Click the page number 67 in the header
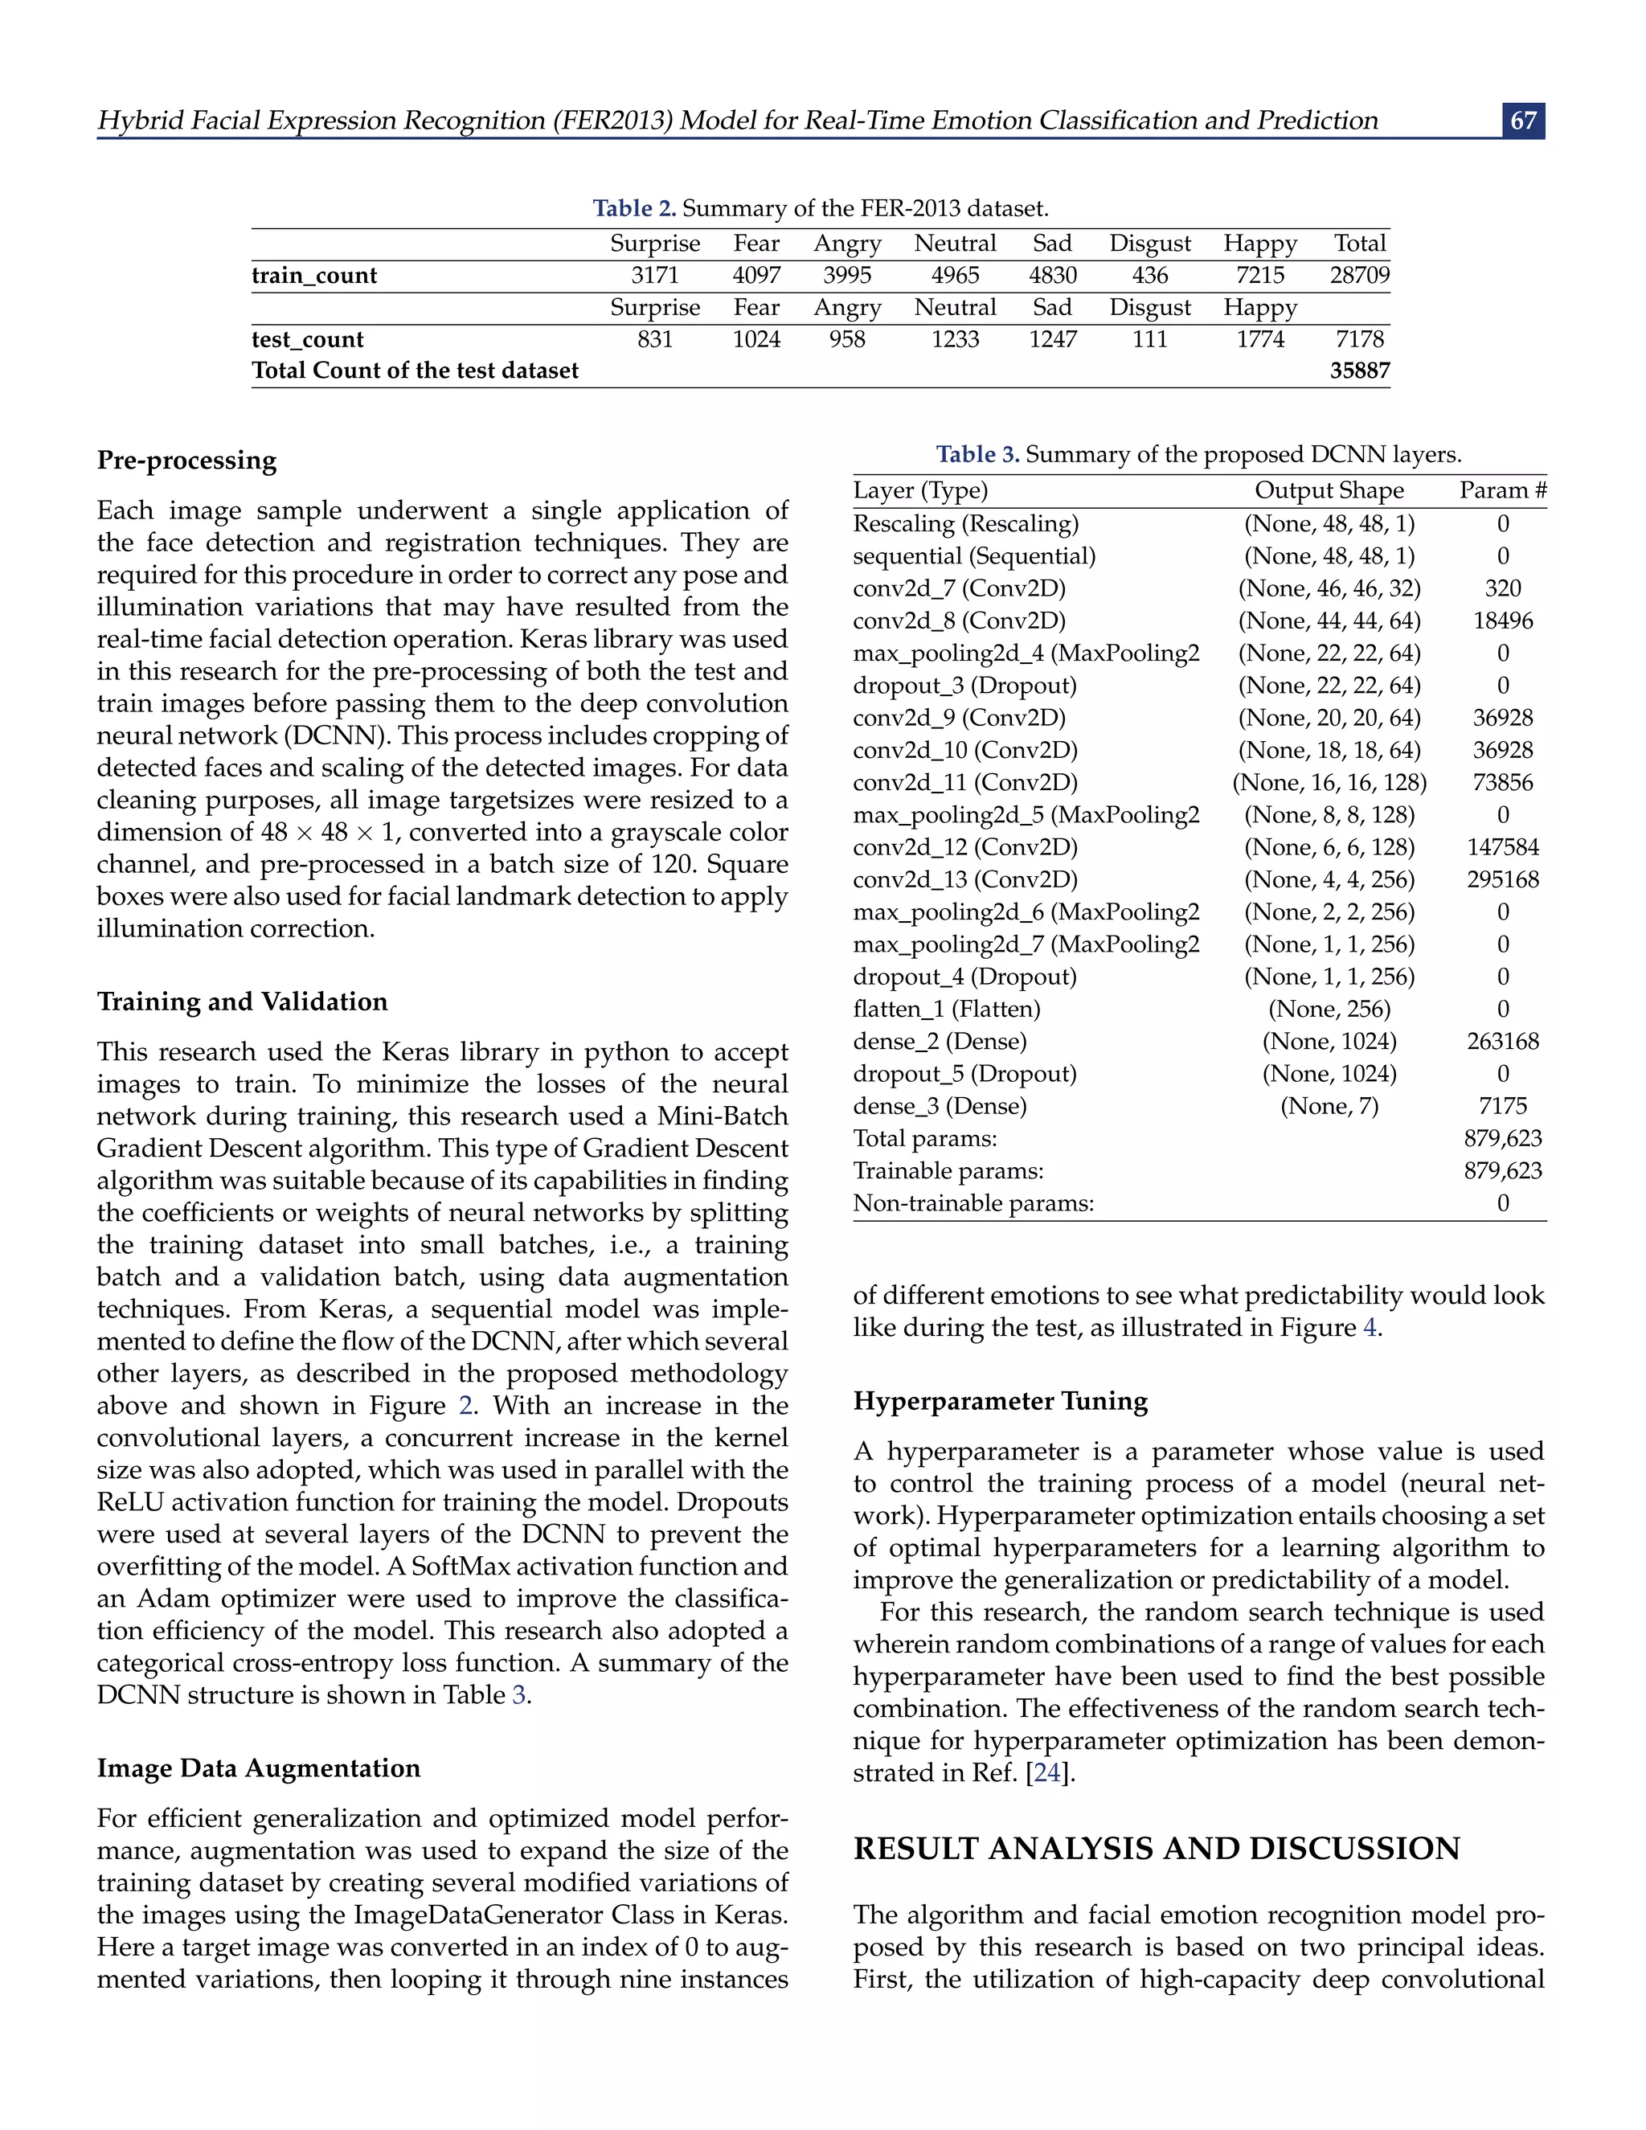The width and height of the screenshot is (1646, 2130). pos(1523,121)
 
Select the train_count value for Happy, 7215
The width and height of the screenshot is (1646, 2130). pos(1260,276)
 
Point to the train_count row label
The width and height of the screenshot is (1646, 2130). pos(314,276)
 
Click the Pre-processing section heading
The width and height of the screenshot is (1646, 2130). pos(186,461)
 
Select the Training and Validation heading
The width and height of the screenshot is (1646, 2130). pos(242,1002)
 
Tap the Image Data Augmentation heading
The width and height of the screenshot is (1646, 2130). pos(259,1768)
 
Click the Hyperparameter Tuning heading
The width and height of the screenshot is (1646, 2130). pos(1001,1402)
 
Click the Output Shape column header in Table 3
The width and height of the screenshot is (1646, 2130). pos(1329,490)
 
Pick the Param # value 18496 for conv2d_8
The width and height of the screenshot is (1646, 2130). pos(1503,621)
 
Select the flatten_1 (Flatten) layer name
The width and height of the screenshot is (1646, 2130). pos(946,1010)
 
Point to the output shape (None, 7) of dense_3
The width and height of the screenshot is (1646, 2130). pos(1329,1106)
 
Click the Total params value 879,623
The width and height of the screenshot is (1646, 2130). pos(1503,1139)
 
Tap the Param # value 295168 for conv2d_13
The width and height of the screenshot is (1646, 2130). pos(1503,879)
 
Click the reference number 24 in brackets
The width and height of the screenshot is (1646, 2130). pos(1046,1773)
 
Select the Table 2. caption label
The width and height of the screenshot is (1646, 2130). pos(635,209)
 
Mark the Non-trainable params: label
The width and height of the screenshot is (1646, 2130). pos(973,1203)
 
